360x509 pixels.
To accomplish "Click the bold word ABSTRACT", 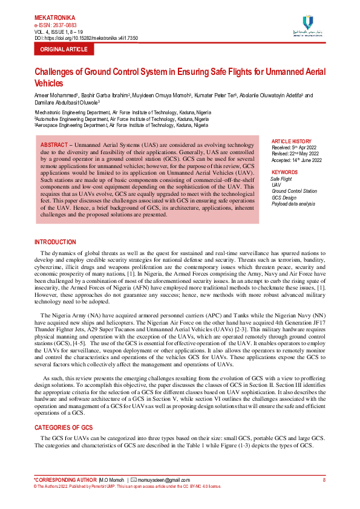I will [x=54, y=146].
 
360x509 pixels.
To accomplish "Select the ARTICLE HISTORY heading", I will [x=292, y=141].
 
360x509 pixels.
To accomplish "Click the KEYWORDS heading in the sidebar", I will [x=284, y=172].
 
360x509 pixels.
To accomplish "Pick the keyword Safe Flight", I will [x=281, y=180].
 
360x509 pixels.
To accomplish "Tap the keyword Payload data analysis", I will [x=293, y=204].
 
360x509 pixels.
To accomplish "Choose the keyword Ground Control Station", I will [x=294, y=192].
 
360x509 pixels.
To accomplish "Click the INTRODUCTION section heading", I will [x=55, y=242].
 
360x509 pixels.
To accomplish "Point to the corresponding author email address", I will [x=163, y=480].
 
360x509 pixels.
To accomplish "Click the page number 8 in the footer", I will [x=324, y=480].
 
